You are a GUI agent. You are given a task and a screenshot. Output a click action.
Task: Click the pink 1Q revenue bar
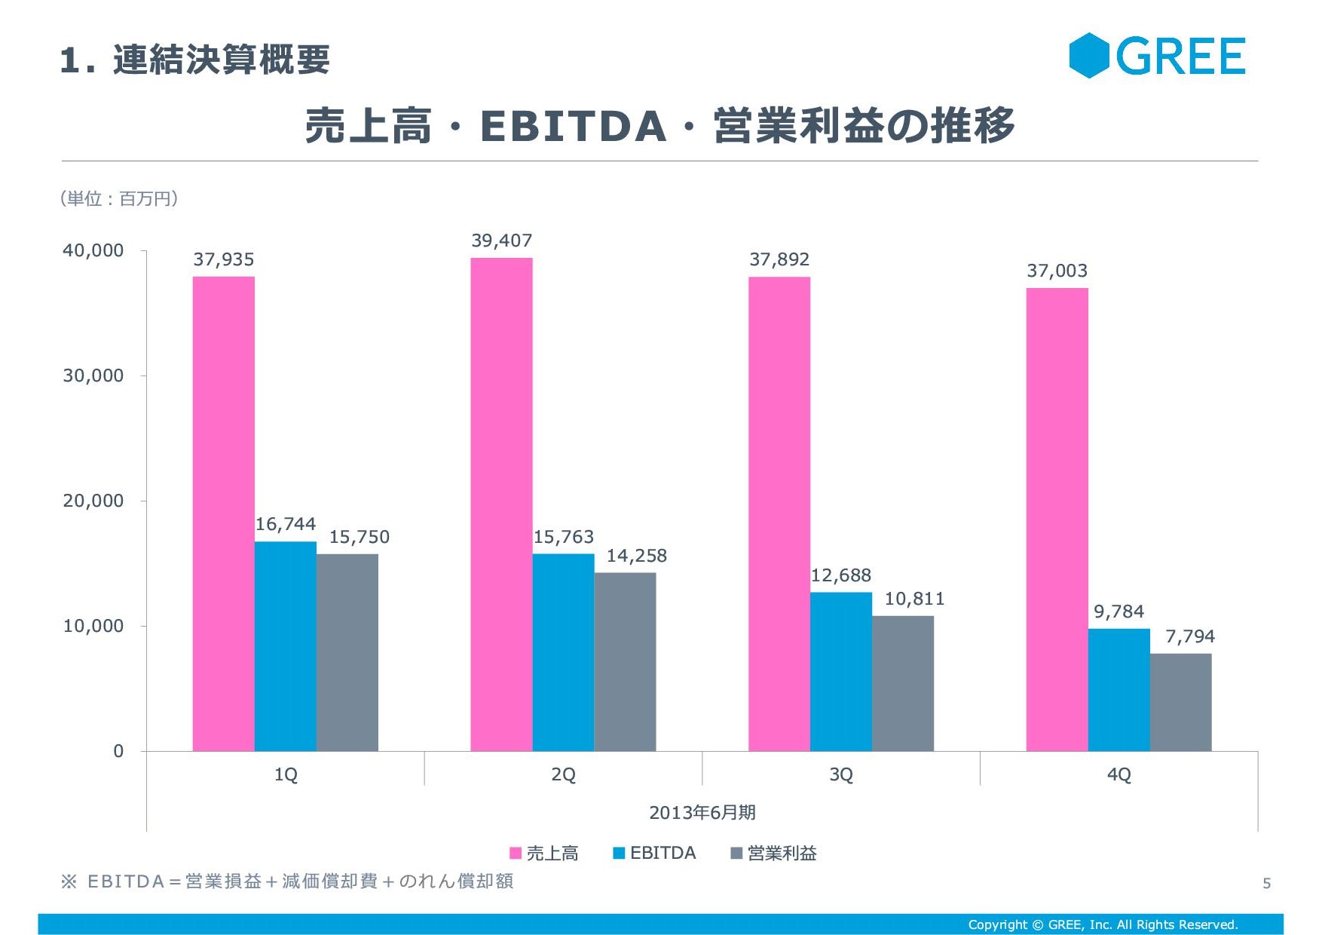click(x=223, y=513)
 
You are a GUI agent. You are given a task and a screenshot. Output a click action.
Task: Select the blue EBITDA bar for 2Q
click(x=563, y=652)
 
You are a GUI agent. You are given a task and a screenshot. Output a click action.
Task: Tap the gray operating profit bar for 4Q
click(x=1180, y=702)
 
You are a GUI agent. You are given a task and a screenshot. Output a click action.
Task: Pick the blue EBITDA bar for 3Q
click(x=840, y=671)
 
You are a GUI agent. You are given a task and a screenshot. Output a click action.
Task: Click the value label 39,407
click(x=501, y=241)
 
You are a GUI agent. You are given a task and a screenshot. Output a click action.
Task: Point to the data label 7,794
click(x=1190, y=636)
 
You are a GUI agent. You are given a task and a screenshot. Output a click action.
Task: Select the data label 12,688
click(x=840, y=575)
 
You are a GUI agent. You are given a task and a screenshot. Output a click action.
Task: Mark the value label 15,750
click(x=359, y=537)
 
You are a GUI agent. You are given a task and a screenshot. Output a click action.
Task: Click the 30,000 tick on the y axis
click(x=93, y=376)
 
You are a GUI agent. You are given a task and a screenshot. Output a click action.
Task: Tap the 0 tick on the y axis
click(x=118, y=751)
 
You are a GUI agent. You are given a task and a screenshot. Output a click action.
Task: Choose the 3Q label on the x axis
click(x=840, y=774)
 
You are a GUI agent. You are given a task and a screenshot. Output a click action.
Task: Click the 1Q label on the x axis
click(x=286, y=774)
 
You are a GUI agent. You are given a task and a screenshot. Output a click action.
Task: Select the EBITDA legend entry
click(x=654, y=853)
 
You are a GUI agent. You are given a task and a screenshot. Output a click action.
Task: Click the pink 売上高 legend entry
click(x=544, y=853)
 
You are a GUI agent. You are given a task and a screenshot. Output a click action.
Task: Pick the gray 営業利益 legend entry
click(x=774, y=853)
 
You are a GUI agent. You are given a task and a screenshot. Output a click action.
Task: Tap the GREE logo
click(x=1157, y=56)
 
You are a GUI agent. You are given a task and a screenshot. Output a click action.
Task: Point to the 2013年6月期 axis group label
click(x=702, y=812)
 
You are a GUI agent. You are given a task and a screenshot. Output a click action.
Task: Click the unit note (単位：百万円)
click(x=119, y=198)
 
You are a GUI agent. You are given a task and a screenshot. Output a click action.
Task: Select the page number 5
click(x=1266, y=883)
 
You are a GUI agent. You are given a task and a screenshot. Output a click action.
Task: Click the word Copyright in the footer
click(x=997, y=924)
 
